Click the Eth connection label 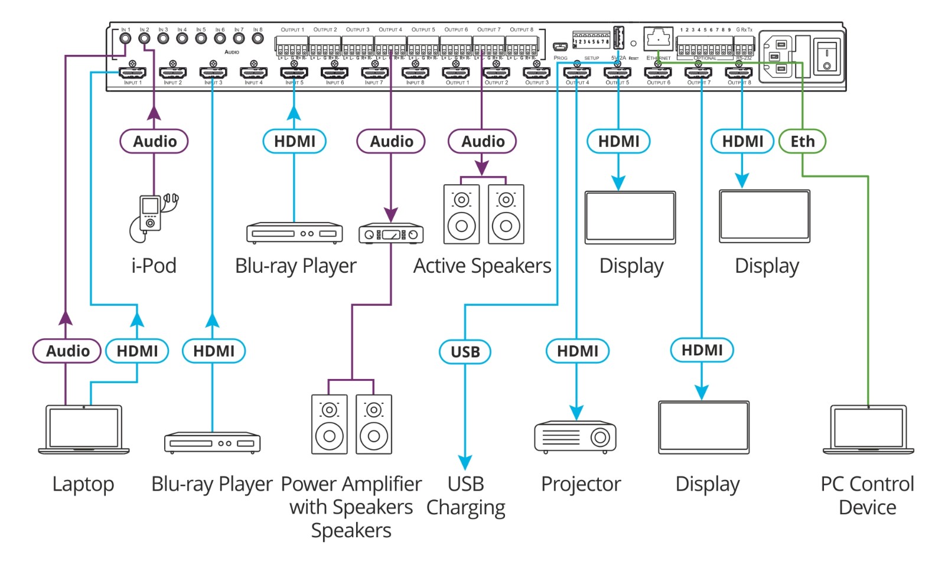click(802, 142)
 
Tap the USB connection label click(465, 352)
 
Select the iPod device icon click(152, 217)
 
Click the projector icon click(575, 437)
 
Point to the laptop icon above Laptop click(84, 429)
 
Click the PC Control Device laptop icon click(868, 429)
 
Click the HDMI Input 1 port click(132, 73)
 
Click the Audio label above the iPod click(154, 142)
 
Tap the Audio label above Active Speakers click(483, 142)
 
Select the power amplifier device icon click(391, 234)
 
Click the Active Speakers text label click(482, 266)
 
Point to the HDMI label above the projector click(577, 351)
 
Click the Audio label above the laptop click(67, 351)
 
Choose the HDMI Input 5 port click(294, 73)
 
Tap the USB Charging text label click(465, 496)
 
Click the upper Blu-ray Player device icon click(294, 233)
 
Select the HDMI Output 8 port click(739, 73)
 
